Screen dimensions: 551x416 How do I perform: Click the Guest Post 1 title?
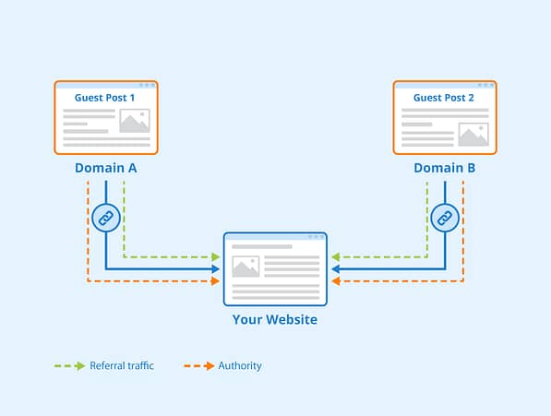(104, 98)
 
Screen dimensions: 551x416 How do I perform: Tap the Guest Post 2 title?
(443, 98)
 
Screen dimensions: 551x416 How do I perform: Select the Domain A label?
(106, 168)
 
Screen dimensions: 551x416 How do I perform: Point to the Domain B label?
(445, 168)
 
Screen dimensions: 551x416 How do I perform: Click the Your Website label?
(275, 319)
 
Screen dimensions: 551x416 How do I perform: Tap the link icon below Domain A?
(106, 218)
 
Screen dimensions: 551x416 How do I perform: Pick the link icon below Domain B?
(445, 218)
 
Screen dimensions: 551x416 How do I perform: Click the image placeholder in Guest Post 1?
(135, 121)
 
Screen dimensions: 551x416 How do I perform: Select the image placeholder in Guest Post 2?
(473, 135)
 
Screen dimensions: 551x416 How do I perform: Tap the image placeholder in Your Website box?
(246, 267)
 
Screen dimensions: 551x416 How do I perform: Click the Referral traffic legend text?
(122, 366)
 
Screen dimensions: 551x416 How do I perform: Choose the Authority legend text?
(240, 366)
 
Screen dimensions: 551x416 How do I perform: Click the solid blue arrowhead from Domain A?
(215, 269)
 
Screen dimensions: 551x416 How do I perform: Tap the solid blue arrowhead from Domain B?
(336, 269)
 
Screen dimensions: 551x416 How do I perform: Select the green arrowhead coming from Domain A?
(215, 257)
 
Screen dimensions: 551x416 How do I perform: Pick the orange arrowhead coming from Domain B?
(336, 281)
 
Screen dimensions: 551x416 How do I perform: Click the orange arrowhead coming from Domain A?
(215, 281)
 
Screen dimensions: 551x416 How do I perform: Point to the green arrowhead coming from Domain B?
(336, 257)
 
